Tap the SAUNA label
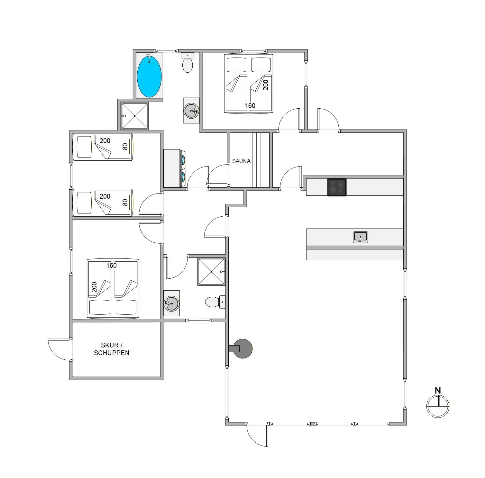(x=241, y=161)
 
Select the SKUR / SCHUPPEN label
(x=112, y=349)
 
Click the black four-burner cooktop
(x=337, y=187)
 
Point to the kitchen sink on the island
(x=361, y=237)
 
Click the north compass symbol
(x=438, y=406)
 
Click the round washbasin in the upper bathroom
(x=191, y=111)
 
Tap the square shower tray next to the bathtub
(x=134, y=116)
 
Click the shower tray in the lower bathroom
(x=211, y=272)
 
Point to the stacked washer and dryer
(x=174, y=168)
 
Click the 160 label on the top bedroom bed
(x=250, y=105)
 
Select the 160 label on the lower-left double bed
(x=111, y=266)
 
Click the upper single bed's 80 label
(x=125, y=146)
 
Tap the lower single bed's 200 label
(x=105, y=196)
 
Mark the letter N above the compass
(x=438, y=391)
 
